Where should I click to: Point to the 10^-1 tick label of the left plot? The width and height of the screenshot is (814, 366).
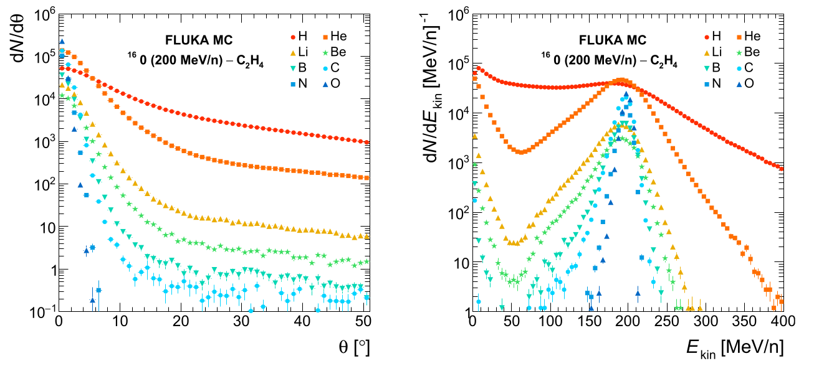(41, 312)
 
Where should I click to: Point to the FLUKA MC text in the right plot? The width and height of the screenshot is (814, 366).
(613, 40)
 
